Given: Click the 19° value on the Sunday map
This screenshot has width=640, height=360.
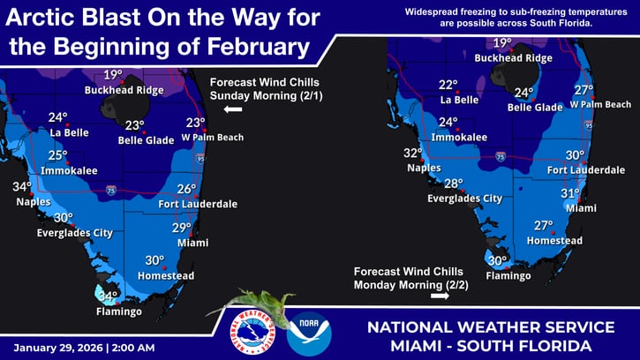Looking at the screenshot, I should [113, 76].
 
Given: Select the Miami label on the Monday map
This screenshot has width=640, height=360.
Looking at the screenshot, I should [576, 207].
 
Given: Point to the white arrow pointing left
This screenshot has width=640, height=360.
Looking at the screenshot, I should [233, 109].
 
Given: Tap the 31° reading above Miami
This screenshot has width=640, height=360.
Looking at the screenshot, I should [571, 193].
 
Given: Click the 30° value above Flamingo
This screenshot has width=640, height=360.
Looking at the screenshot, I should [498, 261].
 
